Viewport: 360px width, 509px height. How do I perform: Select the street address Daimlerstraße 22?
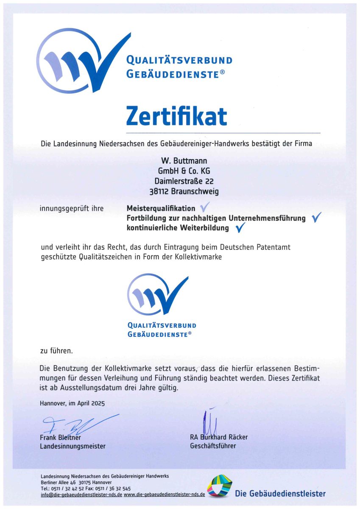point(184,181)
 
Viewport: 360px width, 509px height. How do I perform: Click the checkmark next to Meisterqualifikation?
point(204,207)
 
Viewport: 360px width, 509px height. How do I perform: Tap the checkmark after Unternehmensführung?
point(316,218)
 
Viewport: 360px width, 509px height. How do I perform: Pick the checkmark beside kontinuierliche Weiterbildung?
point(240,228)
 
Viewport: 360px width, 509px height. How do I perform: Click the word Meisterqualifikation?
point(161,208)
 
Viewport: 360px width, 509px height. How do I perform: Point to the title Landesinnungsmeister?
point(73,446)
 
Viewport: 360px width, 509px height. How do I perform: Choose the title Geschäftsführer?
point(213,446)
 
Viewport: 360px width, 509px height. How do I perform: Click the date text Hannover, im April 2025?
point(72,403)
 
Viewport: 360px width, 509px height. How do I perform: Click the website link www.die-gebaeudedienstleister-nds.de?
point(165,495)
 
